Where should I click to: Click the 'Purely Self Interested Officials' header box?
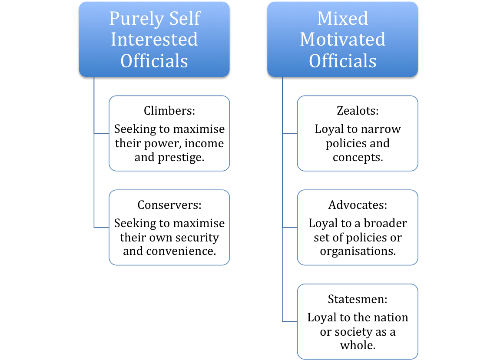(154, 39)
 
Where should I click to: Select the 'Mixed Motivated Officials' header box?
(343, 39)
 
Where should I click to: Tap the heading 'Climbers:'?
(169, 111)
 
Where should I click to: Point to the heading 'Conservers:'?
(169, 205)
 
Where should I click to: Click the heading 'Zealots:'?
(358, 111)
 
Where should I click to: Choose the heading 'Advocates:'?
(358, 205)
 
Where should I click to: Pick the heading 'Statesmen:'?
(358, 299)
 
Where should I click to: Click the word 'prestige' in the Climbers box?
(179, 158)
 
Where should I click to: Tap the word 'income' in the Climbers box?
(204, 143)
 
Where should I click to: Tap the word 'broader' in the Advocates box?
(385, 223)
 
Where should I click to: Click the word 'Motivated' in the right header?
(343, 39)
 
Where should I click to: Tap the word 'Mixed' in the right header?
(343, 18)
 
